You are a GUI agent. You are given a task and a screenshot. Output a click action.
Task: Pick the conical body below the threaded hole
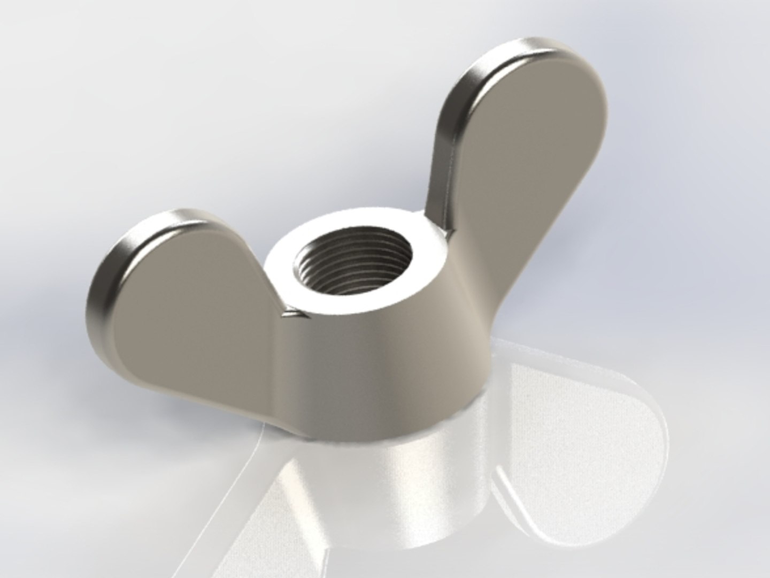tap(374, 369)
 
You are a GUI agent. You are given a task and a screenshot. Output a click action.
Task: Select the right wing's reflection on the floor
tap(577, 439)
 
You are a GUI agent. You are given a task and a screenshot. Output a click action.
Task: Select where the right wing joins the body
tap(465, 278)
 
